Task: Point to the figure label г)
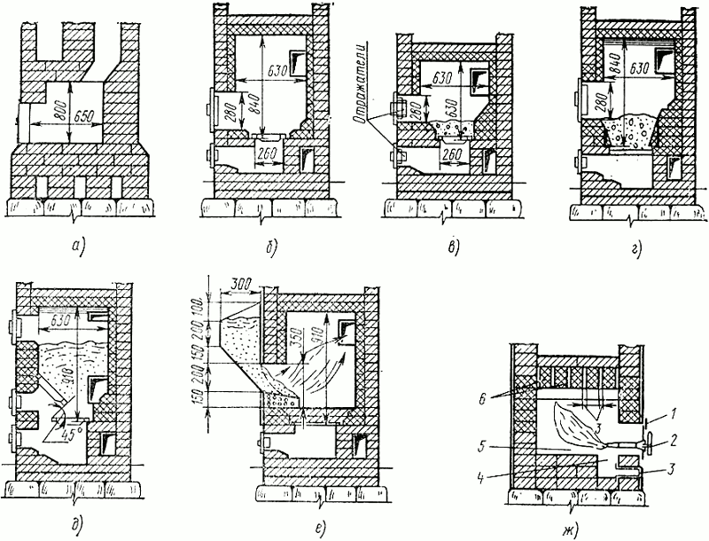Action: (637, 241)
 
